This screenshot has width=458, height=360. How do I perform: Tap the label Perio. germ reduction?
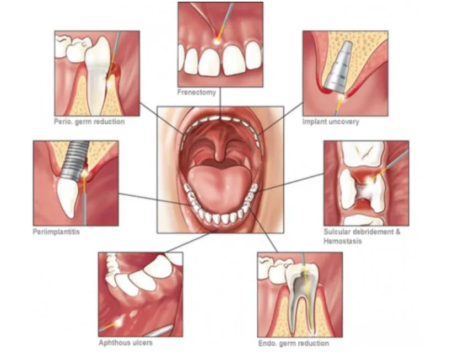[x=89, y=121]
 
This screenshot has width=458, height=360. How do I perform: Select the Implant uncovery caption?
[x=330, y=121]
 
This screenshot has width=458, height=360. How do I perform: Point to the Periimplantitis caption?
[x=56, y=232]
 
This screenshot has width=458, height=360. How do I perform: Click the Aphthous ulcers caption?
[x=126, y=342]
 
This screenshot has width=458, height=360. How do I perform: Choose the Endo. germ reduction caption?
[x=293, y=343]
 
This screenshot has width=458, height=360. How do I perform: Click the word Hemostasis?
[x=342, y=241]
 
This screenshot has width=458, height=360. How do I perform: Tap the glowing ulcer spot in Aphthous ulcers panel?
[x=118, y=321]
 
